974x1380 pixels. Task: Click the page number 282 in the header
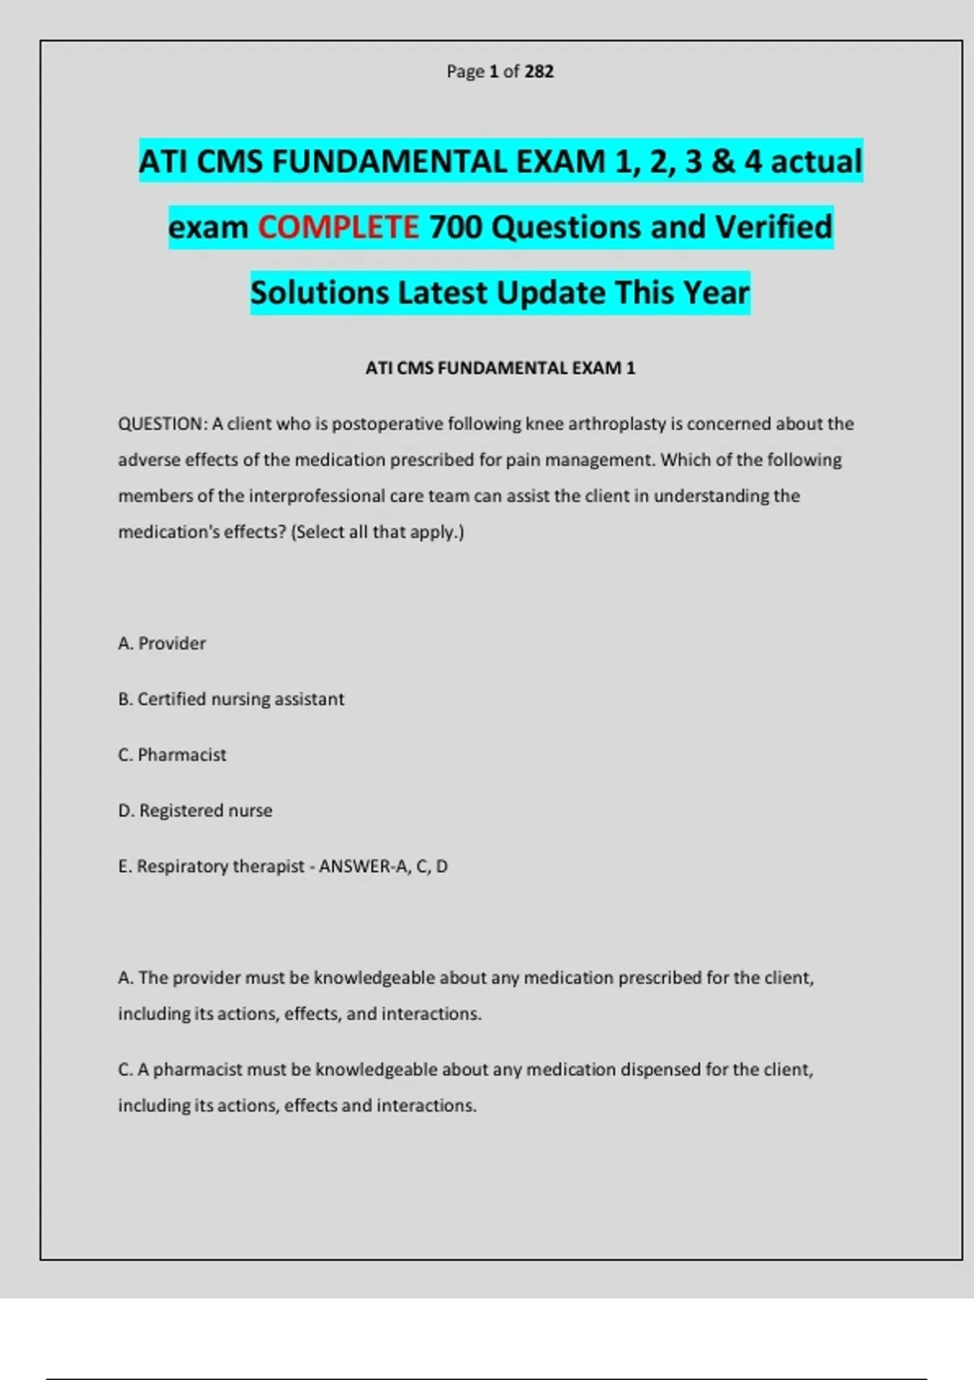[x=539, y=71]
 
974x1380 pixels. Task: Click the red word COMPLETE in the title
[x=338, y=227]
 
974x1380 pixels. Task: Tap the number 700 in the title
[x=455, y=227]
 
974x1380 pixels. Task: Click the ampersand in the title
[x=722, y=162]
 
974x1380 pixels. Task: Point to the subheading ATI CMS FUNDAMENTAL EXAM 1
[x=500, y=369]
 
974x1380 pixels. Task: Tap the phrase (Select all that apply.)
[x=377, y=533]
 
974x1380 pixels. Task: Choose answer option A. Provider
[x=162, y=644]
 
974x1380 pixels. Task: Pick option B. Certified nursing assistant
[x=231, y=700]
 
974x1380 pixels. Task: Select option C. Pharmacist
[x=172, y=755]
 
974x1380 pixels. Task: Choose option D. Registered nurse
[x=195, y=811]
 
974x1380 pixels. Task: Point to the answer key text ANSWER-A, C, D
[x=383, y=867]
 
